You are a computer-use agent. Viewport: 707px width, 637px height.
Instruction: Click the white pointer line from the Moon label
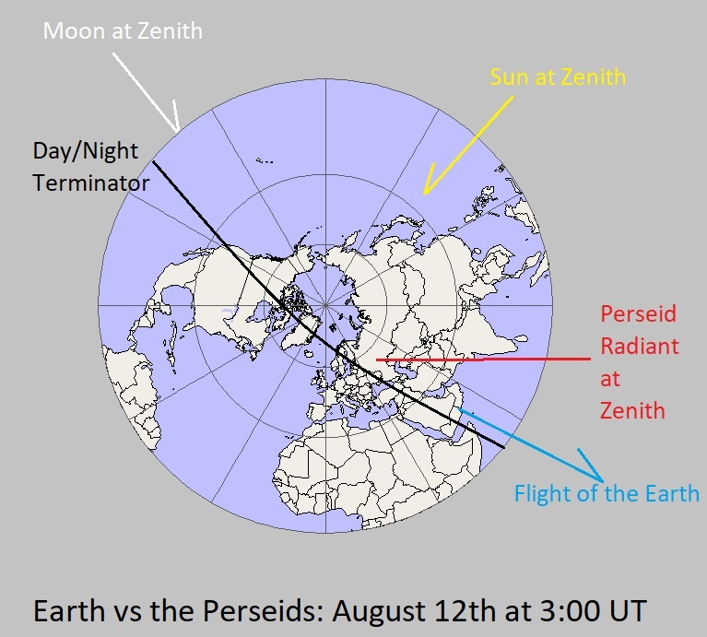146,90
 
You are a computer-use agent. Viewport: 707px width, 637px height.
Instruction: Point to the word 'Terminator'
90,183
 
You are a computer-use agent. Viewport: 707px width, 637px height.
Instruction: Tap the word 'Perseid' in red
638,313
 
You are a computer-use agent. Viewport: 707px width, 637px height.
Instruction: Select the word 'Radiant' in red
640,346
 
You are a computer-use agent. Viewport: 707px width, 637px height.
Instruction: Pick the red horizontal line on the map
479,359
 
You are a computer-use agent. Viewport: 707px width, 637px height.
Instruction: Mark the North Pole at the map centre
324,305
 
